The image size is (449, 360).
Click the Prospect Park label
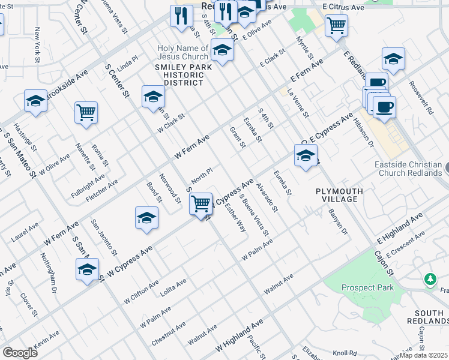click(368, 287)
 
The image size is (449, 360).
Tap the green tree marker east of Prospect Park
click(430, 280)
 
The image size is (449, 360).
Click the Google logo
click(20, 352)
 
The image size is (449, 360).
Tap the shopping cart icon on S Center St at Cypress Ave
click(201, 203)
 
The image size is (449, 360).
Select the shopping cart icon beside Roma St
click(86, 112)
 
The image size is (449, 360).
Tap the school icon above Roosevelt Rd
click(393, 59)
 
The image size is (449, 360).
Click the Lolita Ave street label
click(173, 286)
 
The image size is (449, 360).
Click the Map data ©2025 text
click(424, 355)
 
